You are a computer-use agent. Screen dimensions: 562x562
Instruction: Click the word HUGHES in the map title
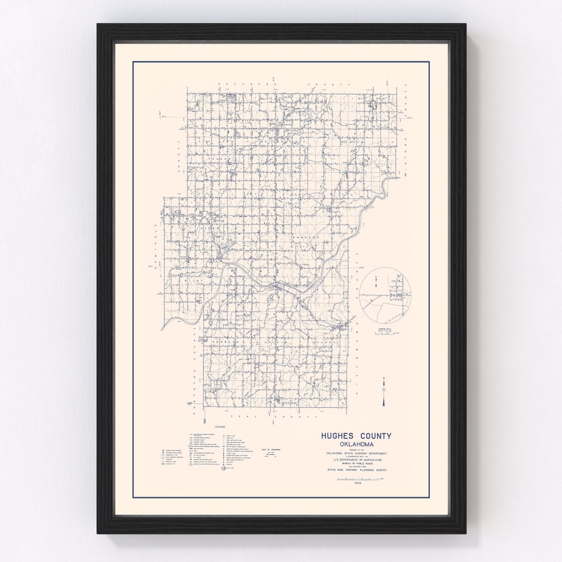(x=338, y=436)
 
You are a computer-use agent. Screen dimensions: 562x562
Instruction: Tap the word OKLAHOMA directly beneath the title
(x=356, y=444)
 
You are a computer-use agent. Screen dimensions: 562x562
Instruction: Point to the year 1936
(x=357, y=483)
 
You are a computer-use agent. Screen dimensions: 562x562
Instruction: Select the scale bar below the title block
(x=359, y=478)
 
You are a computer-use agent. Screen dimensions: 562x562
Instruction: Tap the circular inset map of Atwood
(x=385, y=294)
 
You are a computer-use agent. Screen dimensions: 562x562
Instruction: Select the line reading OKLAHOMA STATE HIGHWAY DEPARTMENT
(x=356, y=453)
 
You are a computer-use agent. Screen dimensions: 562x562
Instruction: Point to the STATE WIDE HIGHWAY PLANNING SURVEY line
(x=356, y=470)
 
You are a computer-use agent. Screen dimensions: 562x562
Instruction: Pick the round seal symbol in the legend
(x=225, y=468)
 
